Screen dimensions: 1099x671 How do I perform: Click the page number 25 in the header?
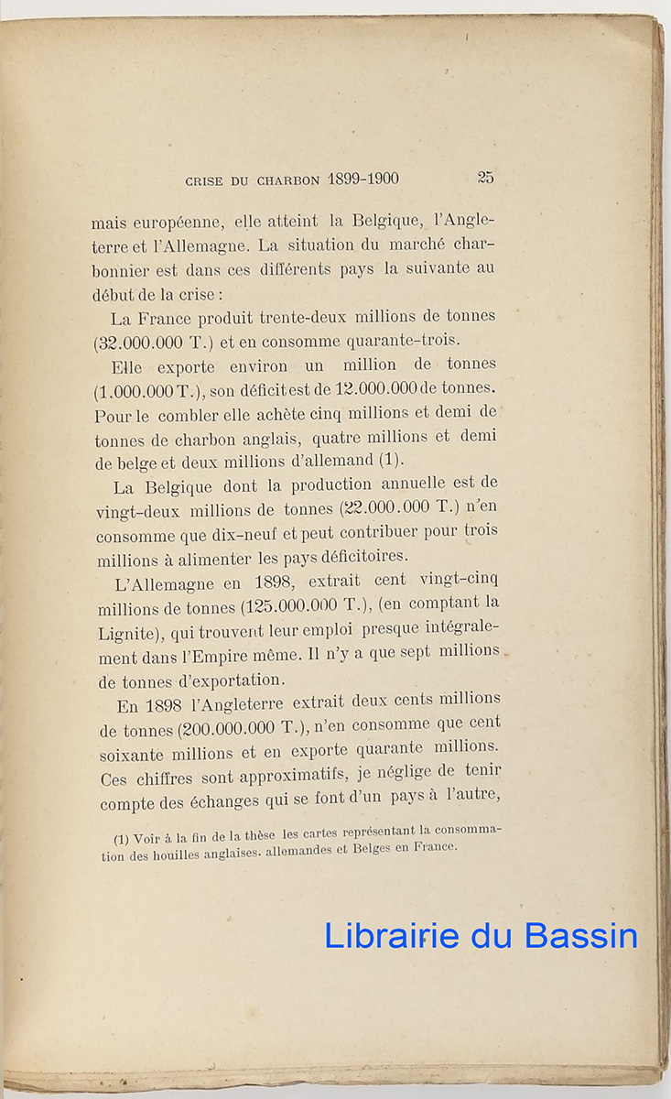click(x=485, y=178)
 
